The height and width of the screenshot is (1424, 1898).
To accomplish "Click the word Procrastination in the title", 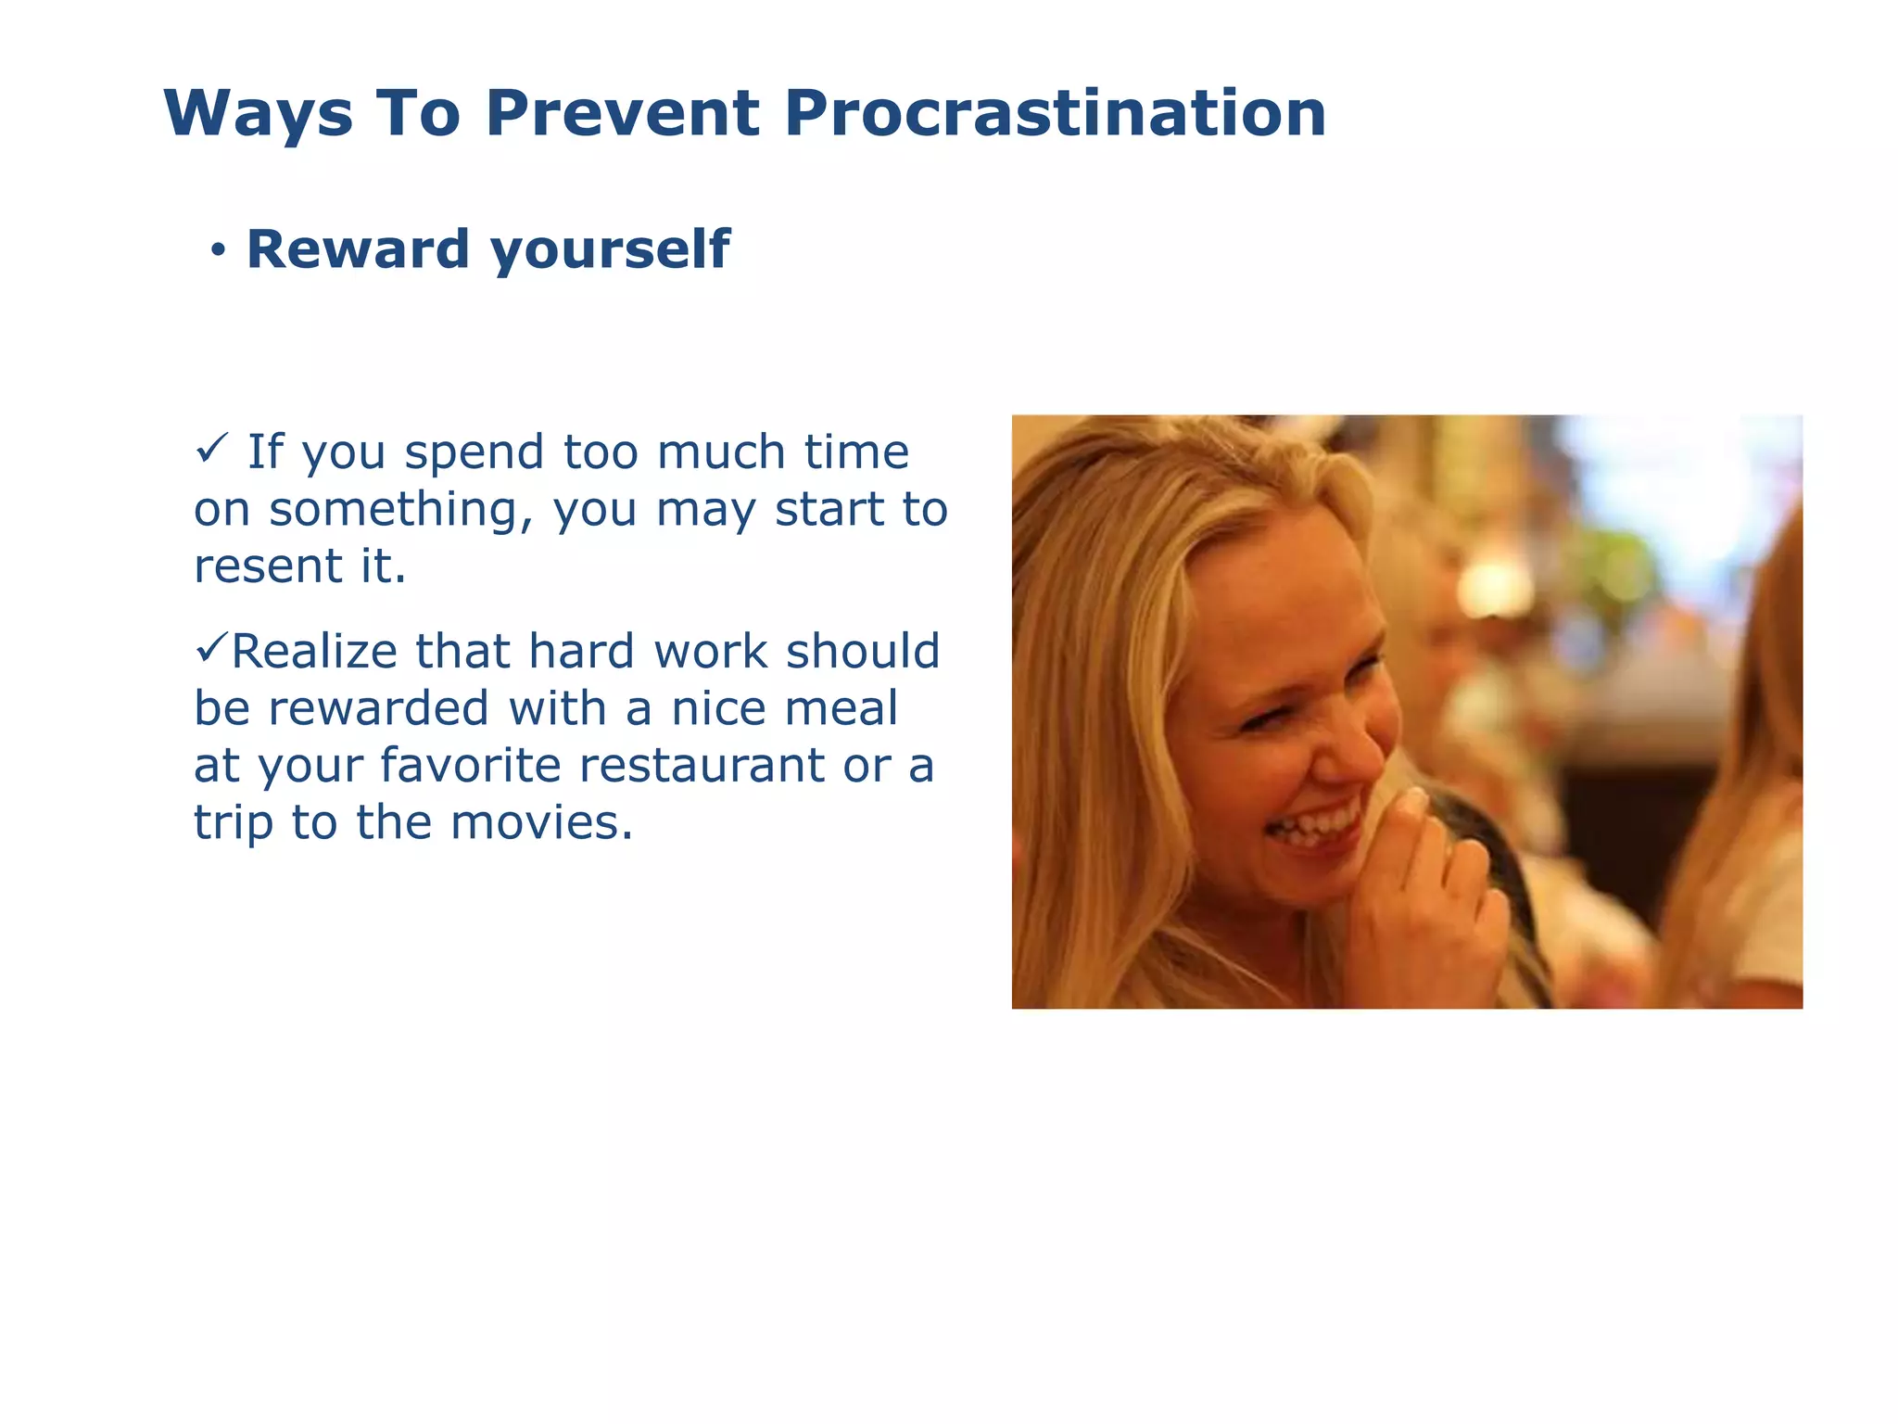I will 1055,113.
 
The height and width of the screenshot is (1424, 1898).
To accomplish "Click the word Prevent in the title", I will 622,113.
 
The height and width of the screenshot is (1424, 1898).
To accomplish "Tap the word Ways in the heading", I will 258,115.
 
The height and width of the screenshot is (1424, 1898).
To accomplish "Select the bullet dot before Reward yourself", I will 218,250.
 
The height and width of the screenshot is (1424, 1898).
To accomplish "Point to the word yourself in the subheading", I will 610,250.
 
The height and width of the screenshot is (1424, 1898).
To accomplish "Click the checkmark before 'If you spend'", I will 212,451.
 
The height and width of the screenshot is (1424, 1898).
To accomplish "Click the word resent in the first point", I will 268,566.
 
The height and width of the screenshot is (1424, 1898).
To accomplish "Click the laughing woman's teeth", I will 1316,824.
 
